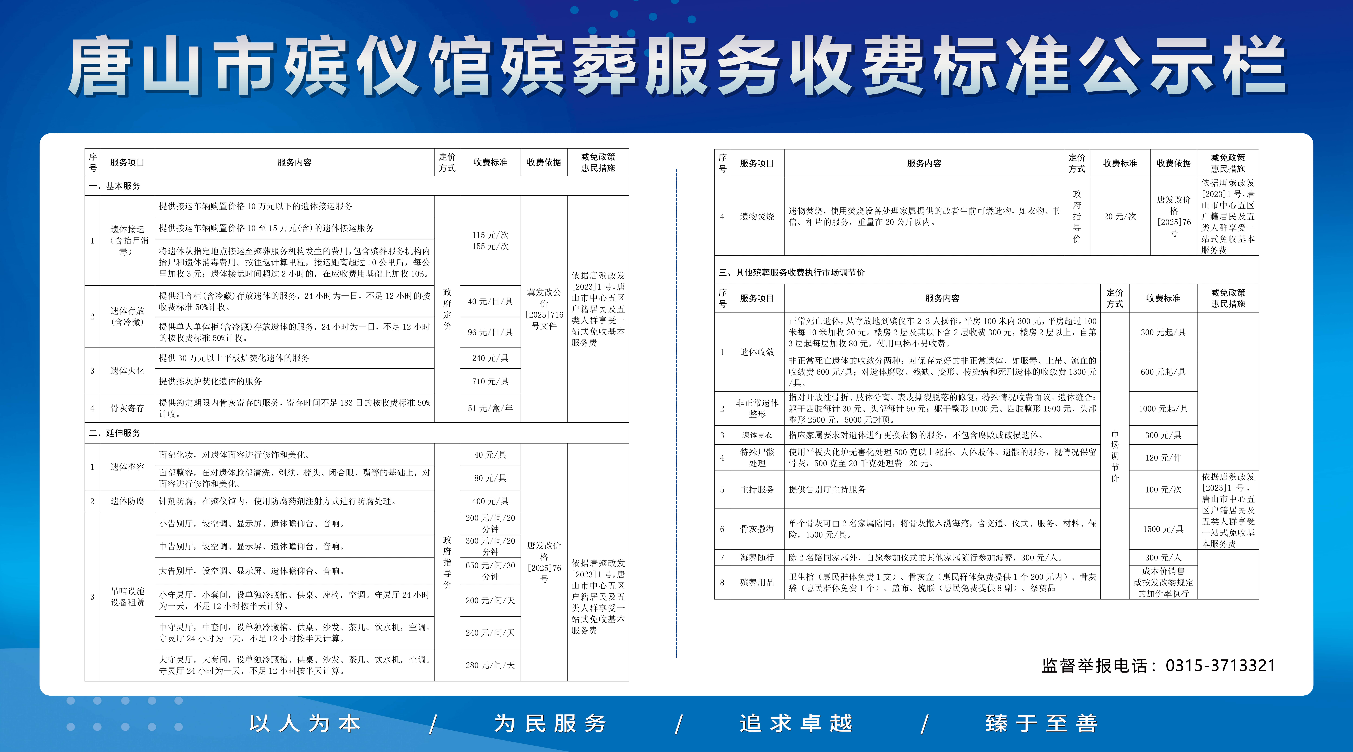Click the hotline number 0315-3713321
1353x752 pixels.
click(1220, 666)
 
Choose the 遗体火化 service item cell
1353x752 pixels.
click(127, 371)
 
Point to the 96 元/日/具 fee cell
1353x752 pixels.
click(490, 332)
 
